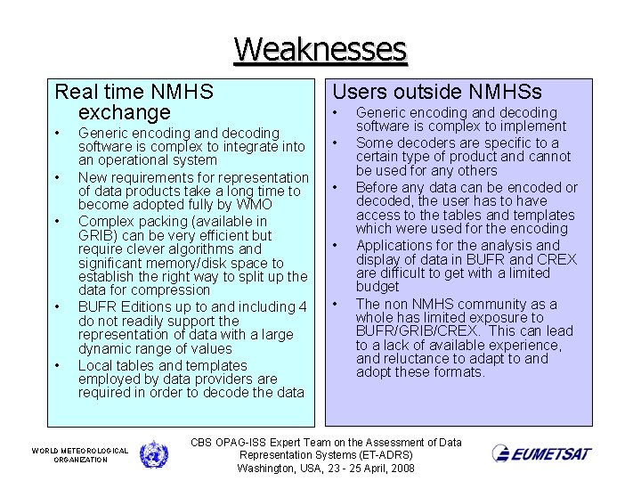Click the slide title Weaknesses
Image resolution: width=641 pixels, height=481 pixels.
[x=320, y=48]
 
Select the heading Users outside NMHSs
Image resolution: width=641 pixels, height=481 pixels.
[x=436, y=91]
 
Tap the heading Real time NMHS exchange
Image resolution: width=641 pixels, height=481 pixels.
[x=134, y=102]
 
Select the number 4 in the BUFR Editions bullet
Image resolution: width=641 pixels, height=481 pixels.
[x=303, y=307]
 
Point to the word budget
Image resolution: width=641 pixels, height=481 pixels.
[x=377, y=286]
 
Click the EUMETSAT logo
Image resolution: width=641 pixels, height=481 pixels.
[x=541, y=453]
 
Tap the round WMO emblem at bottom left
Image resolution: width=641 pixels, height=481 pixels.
[x=153, y=454]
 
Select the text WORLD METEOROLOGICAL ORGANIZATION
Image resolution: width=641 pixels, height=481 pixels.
[x=80, y=455]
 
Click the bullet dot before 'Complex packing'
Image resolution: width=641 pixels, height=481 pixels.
[x=57, y=221]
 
